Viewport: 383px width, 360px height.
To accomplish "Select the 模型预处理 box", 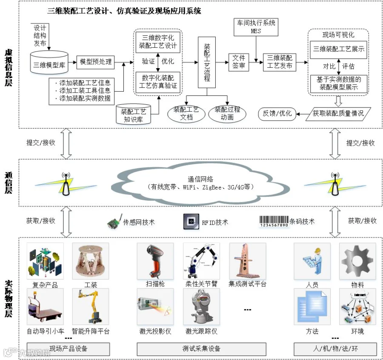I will (x=96, y=62).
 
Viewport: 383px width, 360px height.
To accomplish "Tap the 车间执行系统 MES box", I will (x=256, y=26).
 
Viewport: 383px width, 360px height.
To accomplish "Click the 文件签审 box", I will (x=239, y=62).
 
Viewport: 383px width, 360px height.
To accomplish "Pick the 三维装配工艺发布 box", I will (x=280, y=62).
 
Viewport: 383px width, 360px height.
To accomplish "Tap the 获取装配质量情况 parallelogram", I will (x=338, y=113).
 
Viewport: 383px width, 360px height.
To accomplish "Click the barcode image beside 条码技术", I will (x=274, y=221).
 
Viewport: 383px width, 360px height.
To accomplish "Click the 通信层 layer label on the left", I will (x=8, y=183).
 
